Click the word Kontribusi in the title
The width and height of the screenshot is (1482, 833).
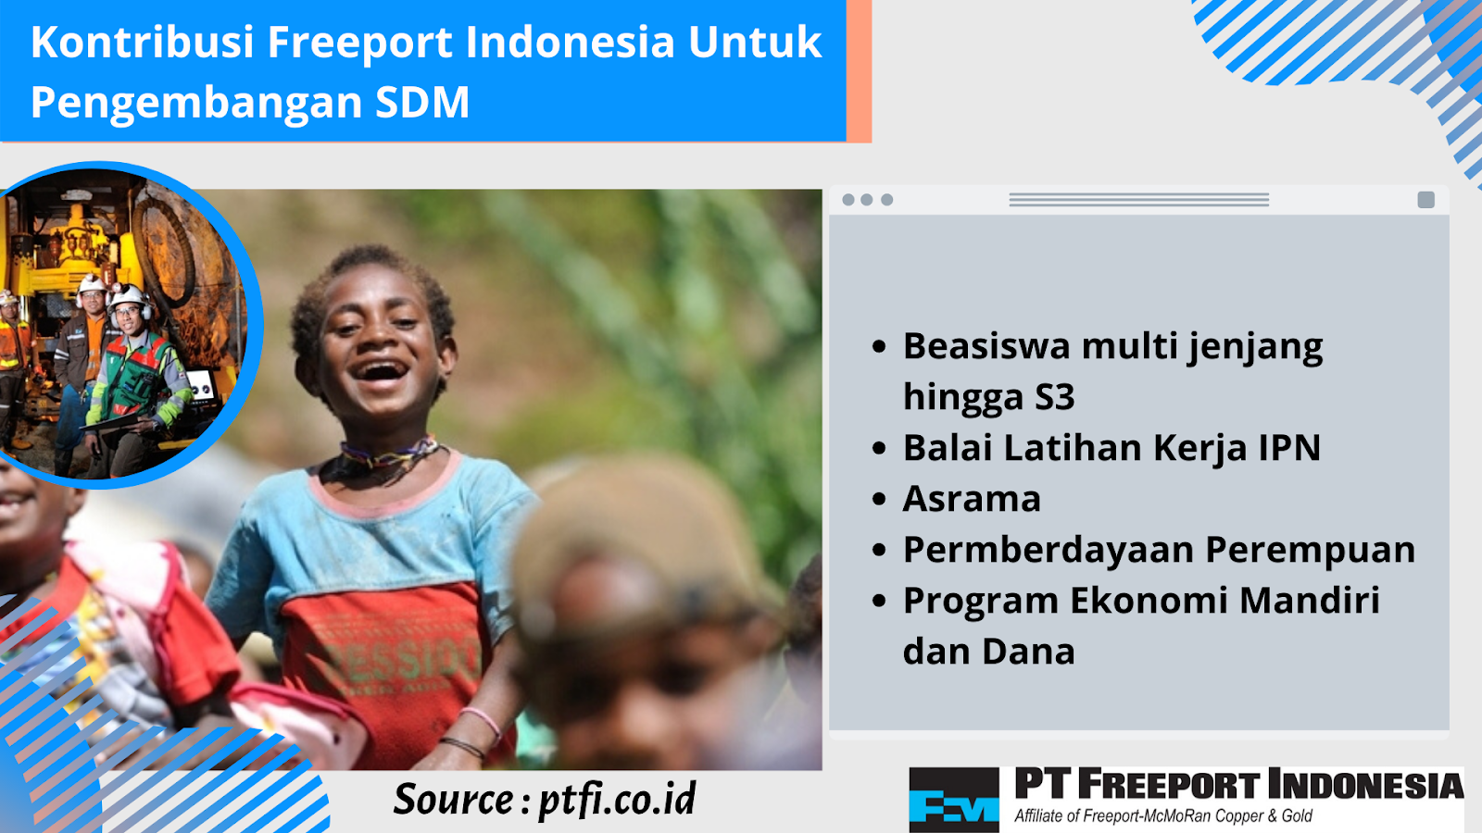tap(143, 43)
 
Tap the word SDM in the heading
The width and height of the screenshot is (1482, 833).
tap(422, 103)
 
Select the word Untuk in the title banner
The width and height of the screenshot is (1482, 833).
tap(755, 43)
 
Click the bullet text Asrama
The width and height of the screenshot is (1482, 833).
tap(972, 499)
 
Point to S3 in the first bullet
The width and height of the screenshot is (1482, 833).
tap(1055, 397)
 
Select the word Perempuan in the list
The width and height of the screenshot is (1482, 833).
tap(1310, 551)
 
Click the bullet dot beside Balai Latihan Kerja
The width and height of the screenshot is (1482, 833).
tap(879, 449)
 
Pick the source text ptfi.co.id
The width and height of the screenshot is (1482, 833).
tap(617, 801)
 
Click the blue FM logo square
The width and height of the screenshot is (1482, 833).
tap(953, 799)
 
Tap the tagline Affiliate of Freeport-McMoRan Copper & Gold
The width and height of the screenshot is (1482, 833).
tap(1163, 815)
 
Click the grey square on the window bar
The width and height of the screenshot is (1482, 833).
tap(1425, 200)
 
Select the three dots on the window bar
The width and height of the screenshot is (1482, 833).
tap(867, 200)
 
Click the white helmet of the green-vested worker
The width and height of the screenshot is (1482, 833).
tap(128, 295)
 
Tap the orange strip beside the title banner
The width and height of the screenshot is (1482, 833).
tap(859, 70)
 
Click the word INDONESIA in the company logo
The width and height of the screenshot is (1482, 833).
tap(1365, 786)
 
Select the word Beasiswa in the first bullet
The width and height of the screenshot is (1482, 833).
tap(986, 346)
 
